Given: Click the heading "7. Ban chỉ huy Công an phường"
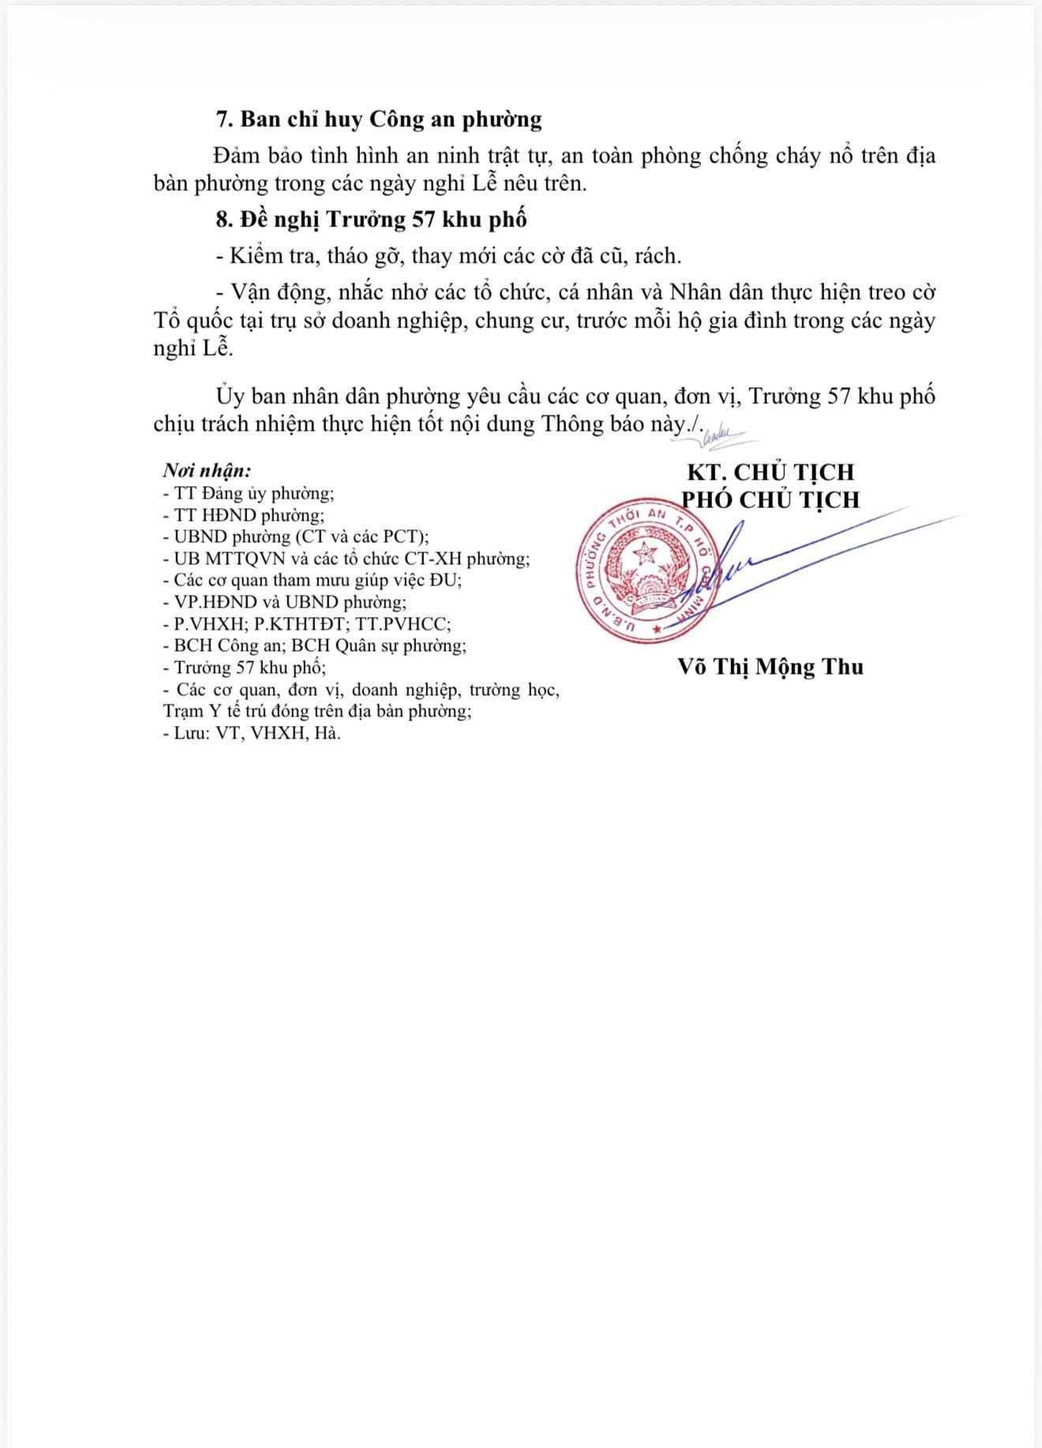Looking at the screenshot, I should point(379,120).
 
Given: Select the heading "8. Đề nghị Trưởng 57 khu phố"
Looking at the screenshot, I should point(371,219).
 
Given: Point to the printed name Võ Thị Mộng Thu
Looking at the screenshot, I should point(770,667).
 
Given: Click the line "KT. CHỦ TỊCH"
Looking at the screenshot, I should point(770,472).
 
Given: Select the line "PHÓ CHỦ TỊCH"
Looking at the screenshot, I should point(770,500).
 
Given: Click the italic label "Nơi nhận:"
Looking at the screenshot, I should point(207,471).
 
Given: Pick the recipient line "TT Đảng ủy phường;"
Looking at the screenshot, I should point(248,493).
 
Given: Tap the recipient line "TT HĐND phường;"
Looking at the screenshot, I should point(243,515).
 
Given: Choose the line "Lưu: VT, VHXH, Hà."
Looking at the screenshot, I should point(252,733).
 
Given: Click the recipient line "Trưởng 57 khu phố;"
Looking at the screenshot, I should point(244,668).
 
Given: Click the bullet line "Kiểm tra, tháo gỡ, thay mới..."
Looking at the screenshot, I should point(448,256).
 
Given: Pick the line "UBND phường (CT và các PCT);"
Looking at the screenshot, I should point(295,537).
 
